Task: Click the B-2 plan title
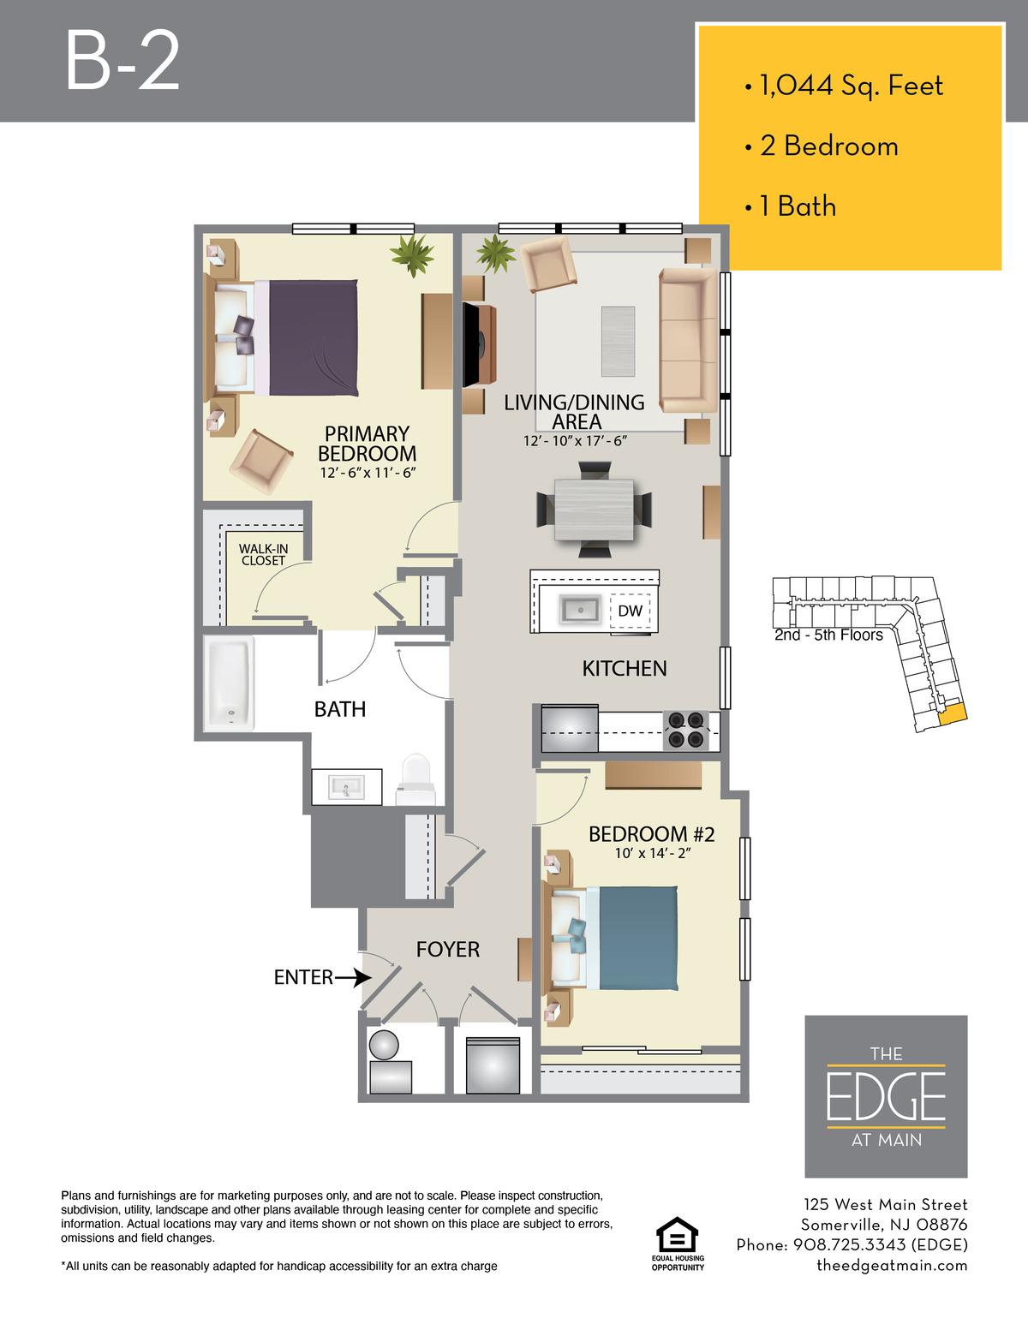123,61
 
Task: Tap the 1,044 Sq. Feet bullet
845,86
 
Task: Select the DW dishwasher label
630,611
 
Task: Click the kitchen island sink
579,610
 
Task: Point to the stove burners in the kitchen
685,731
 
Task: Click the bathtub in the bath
229,683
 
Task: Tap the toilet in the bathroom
415,779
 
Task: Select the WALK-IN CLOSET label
263,555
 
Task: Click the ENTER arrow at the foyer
353,977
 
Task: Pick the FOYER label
447,949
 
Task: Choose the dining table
594,510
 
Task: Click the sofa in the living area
689,340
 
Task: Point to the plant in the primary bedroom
413,254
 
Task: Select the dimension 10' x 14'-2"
653,853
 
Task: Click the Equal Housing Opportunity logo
677,1244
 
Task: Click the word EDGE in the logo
886,1097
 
